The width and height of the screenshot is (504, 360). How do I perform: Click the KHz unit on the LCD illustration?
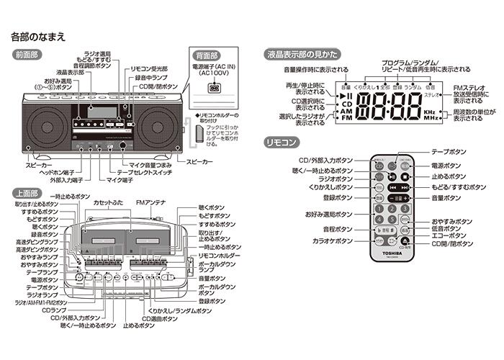430,113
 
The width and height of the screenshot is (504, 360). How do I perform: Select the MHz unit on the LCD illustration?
430,122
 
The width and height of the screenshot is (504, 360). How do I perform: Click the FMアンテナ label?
150,204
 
